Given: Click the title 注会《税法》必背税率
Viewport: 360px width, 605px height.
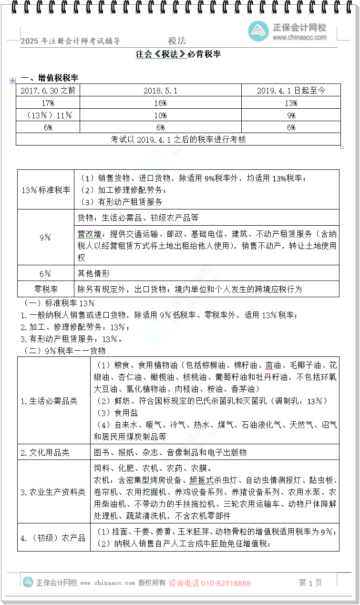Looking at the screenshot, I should click(178, 54).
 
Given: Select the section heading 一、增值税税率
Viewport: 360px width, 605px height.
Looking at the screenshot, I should click(49, 78).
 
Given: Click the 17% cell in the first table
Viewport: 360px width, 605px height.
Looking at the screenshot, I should click(48, 103).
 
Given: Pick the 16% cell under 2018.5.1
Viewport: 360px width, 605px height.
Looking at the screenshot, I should click(160, 103).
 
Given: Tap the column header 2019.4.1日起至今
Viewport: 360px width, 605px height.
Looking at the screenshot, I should click(291, 91).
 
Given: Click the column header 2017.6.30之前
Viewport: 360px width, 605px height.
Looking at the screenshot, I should click(48, 91).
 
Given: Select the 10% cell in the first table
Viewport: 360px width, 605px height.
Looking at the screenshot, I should click(160, 115).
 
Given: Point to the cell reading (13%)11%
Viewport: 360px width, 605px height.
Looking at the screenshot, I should click(48, 115).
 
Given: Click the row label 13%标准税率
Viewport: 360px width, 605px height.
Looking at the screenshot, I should click(46, 190).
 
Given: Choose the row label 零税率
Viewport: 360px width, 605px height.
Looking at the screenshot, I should click(46, 289).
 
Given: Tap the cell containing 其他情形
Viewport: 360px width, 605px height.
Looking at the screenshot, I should click(93, 273).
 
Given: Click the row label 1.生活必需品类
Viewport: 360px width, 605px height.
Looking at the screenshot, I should click(49, 401).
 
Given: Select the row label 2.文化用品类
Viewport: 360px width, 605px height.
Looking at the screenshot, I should click(45, 452).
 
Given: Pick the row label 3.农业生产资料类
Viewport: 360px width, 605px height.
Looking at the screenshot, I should click(52, 492).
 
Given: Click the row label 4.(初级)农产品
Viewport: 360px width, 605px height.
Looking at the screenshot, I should click(52, 538).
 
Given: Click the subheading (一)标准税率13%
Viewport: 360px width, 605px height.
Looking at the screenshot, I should click(59, 303).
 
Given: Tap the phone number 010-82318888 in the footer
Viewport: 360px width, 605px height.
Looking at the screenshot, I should click(226, 583).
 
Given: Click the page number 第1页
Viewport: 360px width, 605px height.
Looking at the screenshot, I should click(310, 583).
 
